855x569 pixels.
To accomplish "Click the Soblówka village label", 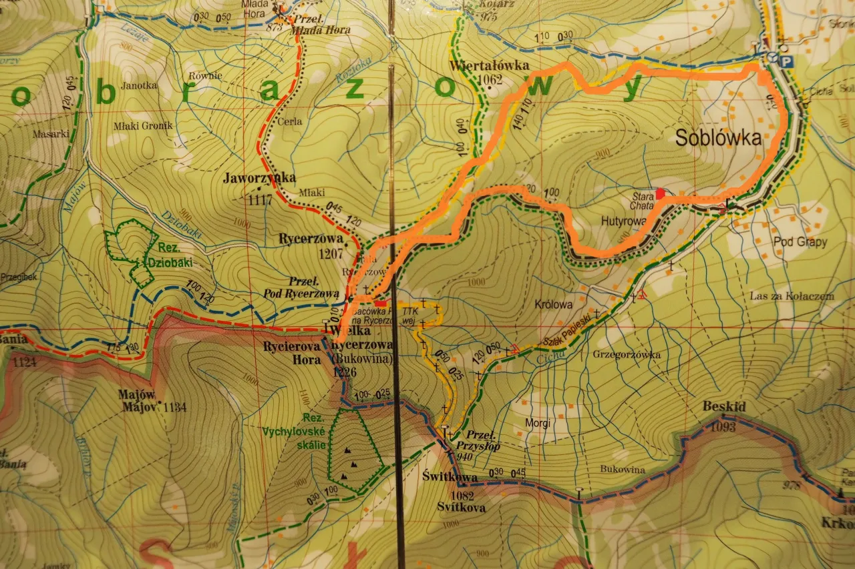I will pyautogui.click(x=718, y=138).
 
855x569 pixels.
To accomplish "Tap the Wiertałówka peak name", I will pyautogui.click(x=490, y=66).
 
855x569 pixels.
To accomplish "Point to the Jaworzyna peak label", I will pyautogui.click(x=259, y=177).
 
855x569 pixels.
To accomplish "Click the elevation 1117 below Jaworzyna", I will pyautogui.click(x=261, y=199).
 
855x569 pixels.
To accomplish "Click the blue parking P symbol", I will pyautogui.click(x=788, y=61).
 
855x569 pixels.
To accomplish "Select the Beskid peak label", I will pyautogui.click(x=724, y=406).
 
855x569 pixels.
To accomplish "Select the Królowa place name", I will pyautogui.click(x=554, y=304).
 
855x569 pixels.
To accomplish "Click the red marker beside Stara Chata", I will pyautogui.click(x=661, y=193).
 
